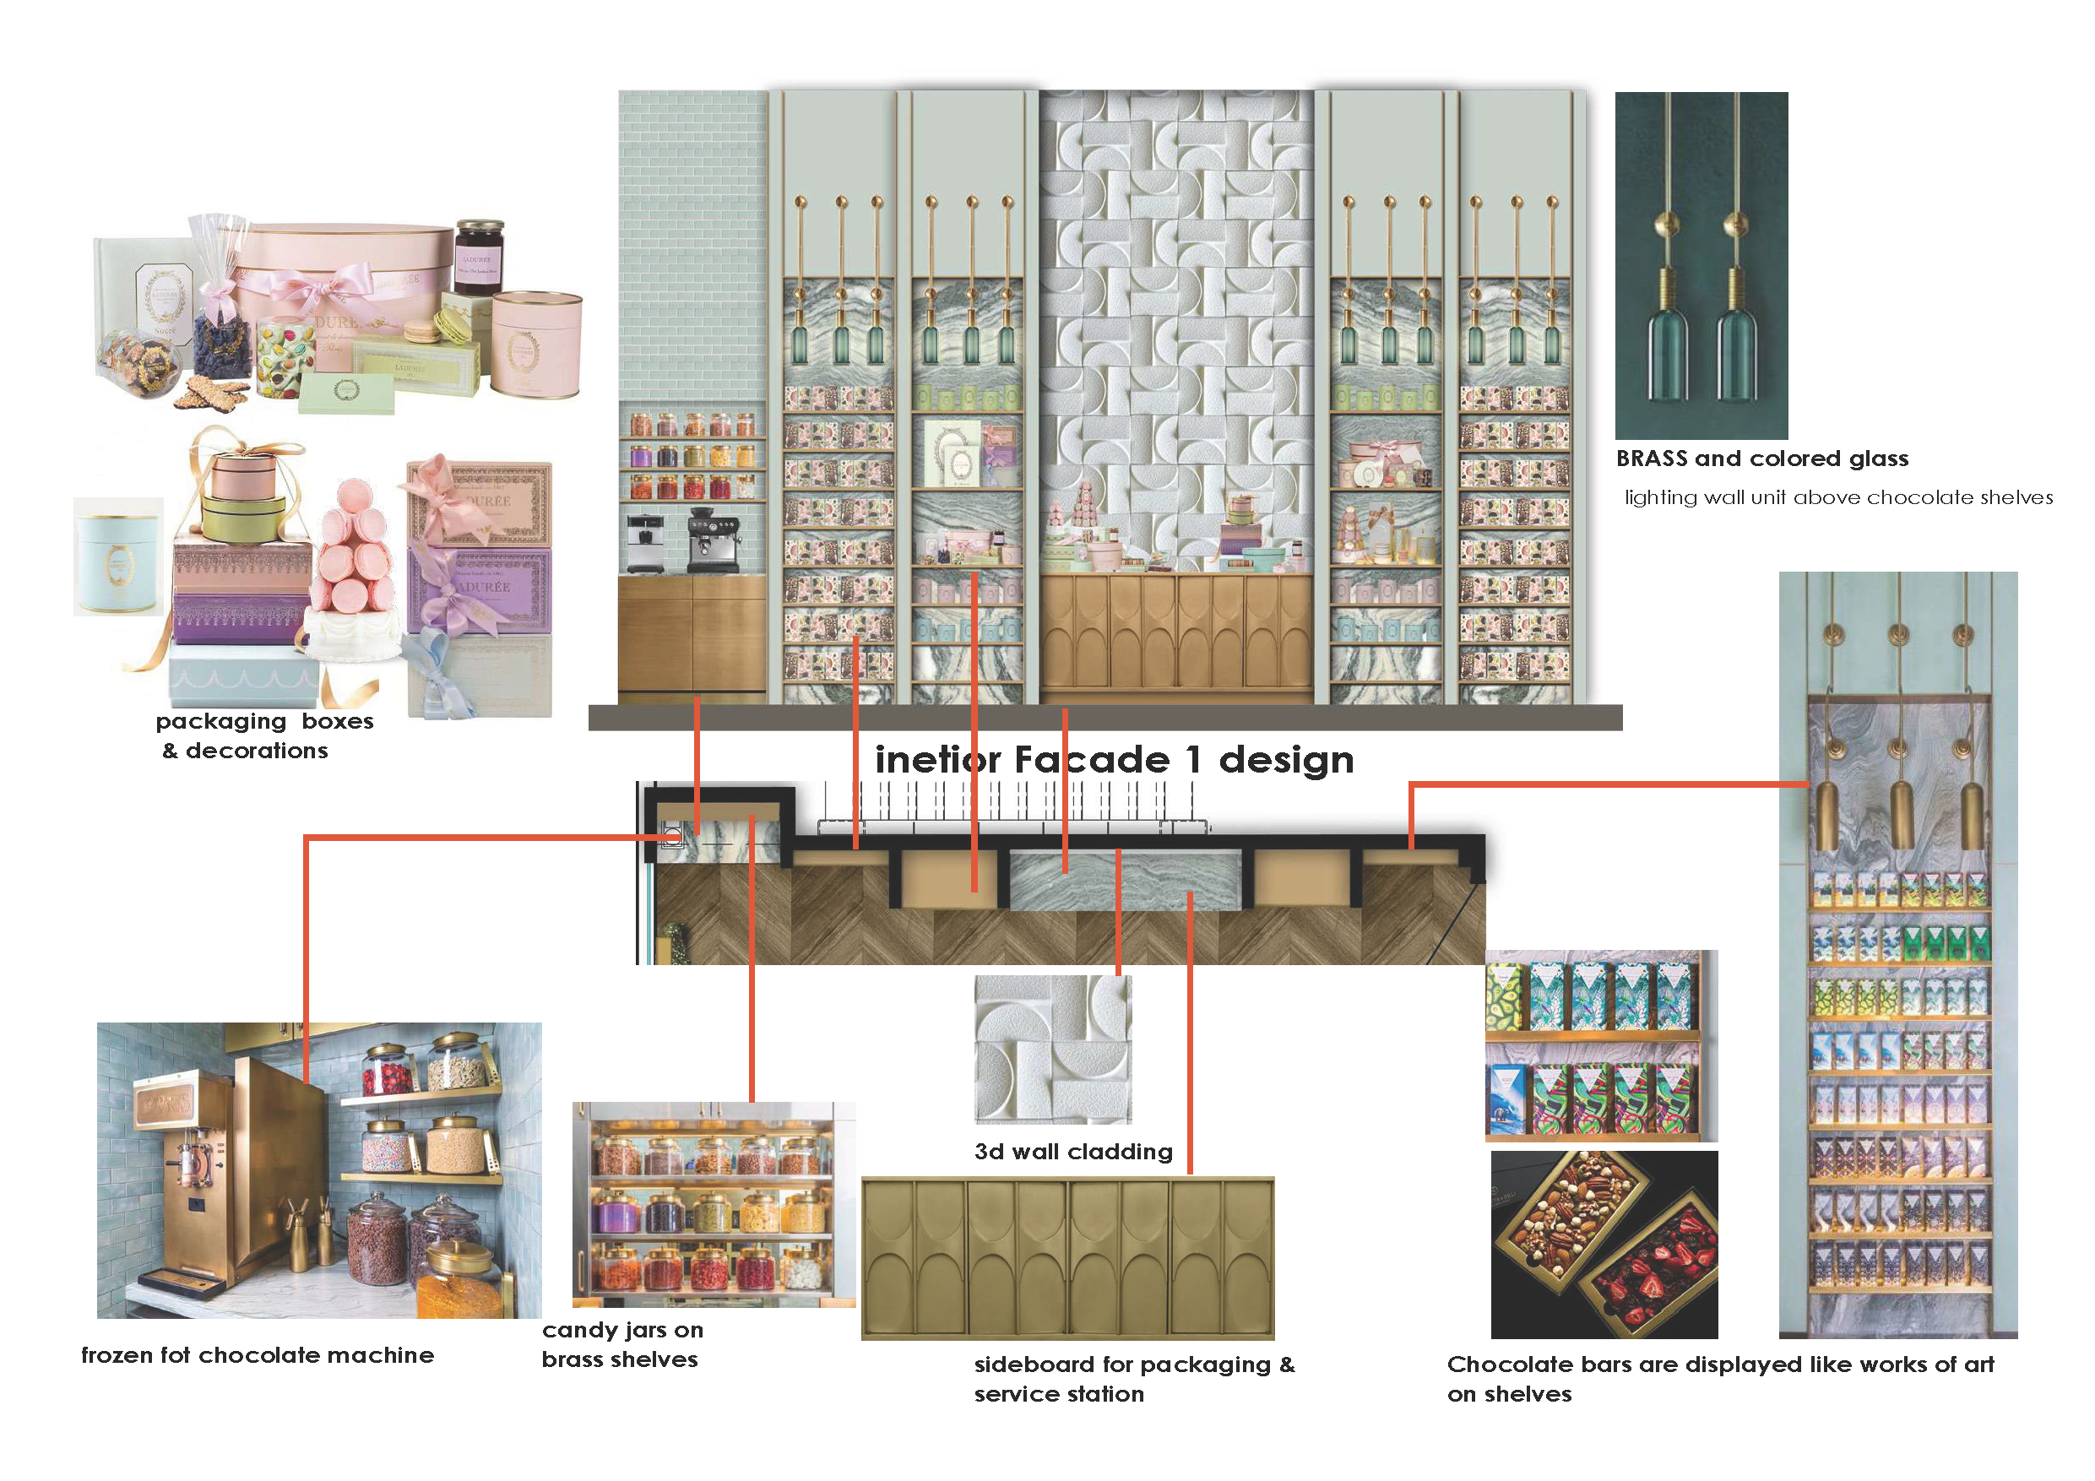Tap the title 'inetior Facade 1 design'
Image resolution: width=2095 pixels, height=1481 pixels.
(x=1114, y=760)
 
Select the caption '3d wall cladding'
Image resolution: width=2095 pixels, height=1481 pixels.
(x=1073, y=1152)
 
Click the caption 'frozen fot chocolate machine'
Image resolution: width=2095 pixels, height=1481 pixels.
(x=258, y=1356)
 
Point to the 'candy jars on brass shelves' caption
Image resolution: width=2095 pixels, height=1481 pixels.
(x=622, y=1345)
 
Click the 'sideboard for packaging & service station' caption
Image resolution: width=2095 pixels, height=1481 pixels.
(x=1133, y=1379)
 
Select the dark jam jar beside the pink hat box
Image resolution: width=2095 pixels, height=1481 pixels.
(x=478, y=257)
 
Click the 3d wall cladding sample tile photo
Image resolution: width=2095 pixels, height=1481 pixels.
(x=1053, y=1049)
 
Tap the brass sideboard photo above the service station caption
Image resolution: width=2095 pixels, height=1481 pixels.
(x=1067, y=1258)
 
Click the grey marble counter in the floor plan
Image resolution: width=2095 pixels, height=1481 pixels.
(x=1125, y=880)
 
